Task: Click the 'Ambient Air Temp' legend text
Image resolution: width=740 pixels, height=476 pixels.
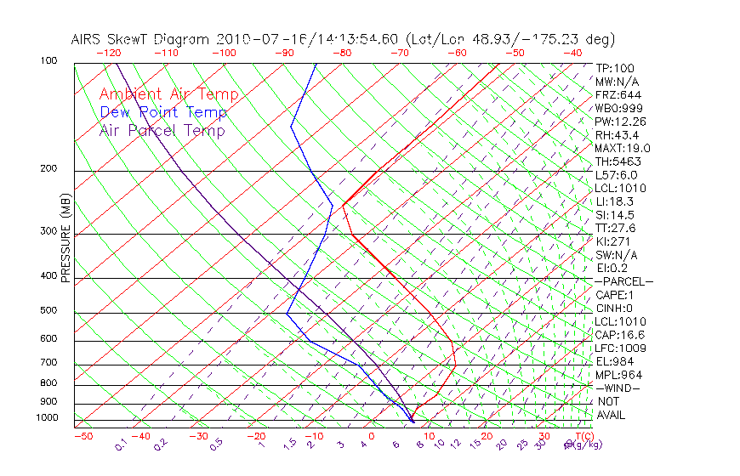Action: click(168, 94)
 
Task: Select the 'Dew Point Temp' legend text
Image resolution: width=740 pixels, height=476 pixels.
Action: click(162, 112)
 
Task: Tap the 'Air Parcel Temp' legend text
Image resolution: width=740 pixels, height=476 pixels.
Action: click(162, 130)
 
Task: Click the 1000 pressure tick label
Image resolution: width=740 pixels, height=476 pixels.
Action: click(48, 417)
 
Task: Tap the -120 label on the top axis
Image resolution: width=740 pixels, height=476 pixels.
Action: click(108, 53)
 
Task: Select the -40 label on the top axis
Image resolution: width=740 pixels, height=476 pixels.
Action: click(572, 53)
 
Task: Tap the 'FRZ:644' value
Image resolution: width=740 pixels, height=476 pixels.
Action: click(618, 94)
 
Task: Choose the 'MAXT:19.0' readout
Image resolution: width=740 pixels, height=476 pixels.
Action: click(623, 148)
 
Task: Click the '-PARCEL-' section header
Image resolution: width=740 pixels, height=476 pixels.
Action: click(623, 281)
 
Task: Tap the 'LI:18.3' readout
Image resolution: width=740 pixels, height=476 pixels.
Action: click(614, 201)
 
